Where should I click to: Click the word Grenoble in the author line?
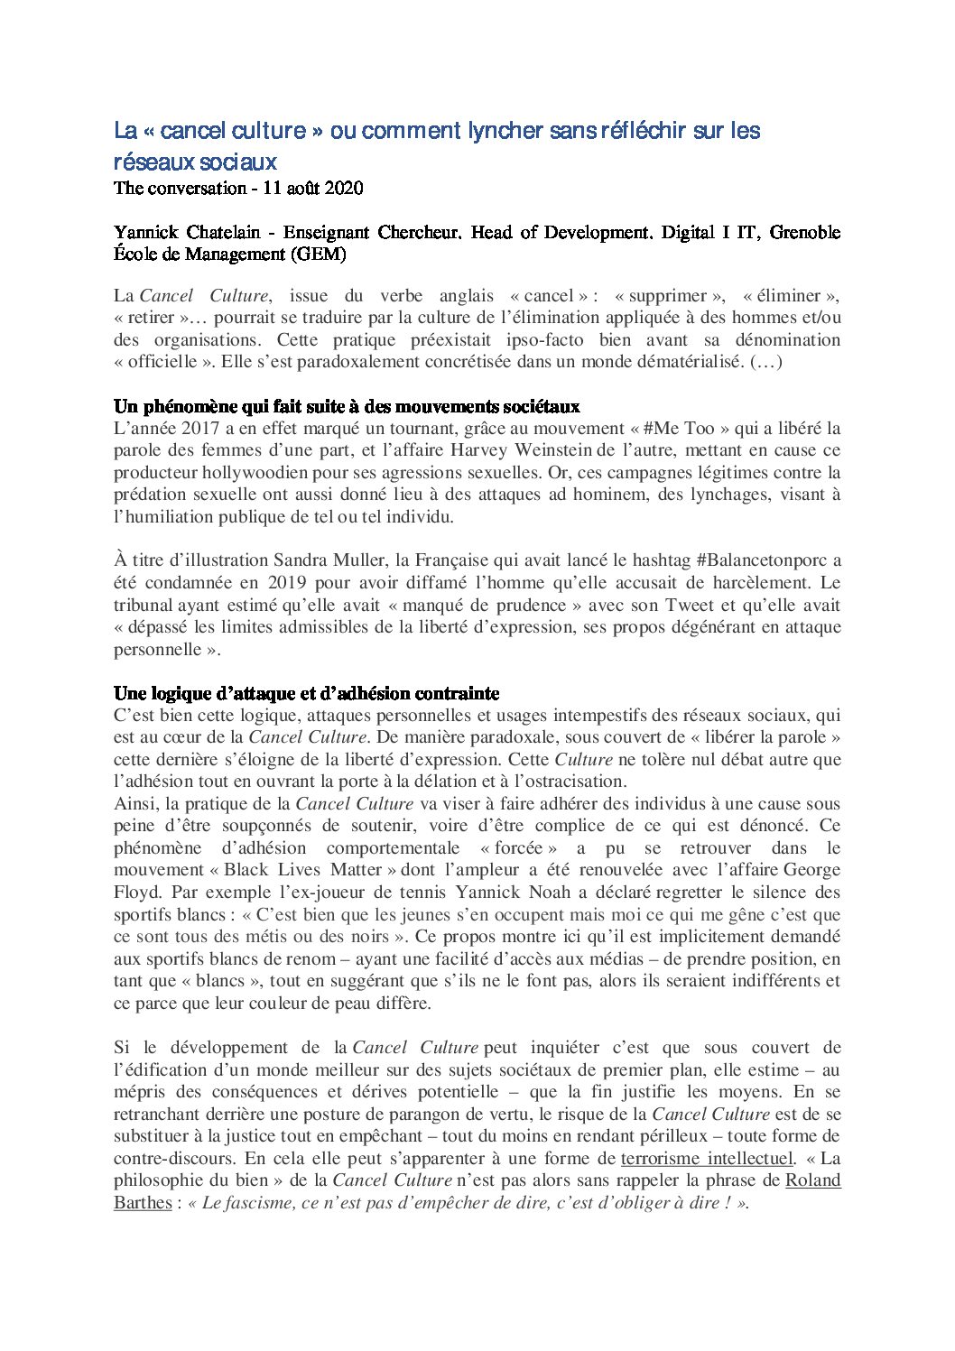point(804,232)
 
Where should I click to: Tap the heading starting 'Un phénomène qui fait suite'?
point(347,406)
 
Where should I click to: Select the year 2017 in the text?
point(203,429)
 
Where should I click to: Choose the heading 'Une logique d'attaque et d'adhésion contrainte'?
point(306,693)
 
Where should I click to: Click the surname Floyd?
point(134,893)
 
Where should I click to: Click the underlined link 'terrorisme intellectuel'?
point(707,1158)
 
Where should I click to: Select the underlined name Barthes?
point(143,1202)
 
